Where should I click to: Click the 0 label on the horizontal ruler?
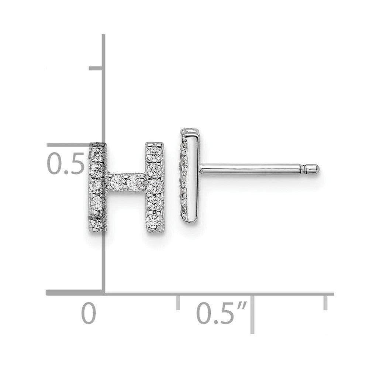89,313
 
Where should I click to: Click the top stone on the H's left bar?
98,153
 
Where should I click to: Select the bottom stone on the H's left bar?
97,221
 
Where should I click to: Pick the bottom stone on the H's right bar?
154,221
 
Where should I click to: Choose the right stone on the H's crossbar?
134,182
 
